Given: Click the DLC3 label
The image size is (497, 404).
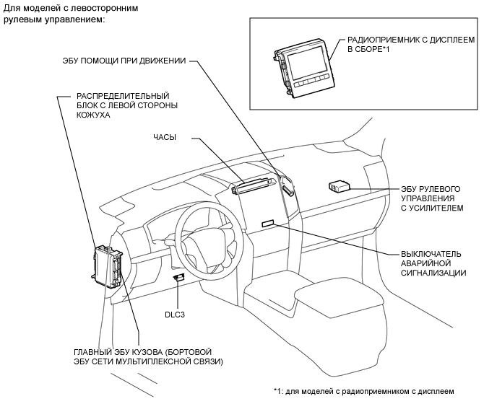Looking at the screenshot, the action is (175, 315).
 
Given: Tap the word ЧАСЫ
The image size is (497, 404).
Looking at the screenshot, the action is (165, 137).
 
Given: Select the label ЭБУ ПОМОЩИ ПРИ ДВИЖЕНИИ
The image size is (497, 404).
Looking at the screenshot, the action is (124, 61).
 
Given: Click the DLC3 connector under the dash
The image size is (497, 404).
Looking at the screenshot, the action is (178, 278).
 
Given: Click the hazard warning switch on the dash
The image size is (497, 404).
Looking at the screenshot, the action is (268, 224).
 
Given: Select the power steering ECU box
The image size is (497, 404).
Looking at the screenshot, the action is (339, 186).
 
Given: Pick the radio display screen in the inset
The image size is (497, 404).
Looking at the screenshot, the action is (306, 63).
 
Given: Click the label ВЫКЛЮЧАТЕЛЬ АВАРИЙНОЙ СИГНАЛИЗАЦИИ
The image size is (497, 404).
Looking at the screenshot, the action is (433, 263).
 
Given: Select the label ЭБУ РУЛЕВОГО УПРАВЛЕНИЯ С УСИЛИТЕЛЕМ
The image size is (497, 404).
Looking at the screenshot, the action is (432, 198).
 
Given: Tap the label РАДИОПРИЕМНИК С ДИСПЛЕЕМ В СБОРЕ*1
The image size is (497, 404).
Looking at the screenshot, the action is (411, 45).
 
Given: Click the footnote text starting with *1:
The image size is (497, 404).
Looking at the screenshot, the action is (364, 391).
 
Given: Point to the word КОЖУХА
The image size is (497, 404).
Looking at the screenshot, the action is (93, 115).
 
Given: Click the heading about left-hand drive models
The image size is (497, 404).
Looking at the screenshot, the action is (70, 13).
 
